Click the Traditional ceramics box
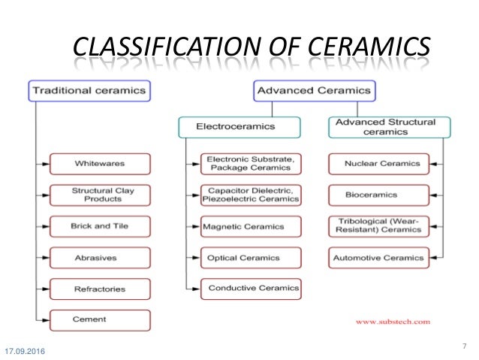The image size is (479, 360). point(88,91)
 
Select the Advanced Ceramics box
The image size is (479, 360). point(314,91)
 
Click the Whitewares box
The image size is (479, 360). point(100,163)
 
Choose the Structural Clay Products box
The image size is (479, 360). point(100,195)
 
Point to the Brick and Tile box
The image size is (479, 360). point(100,225)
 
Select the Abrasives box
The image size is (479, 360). point(100,257)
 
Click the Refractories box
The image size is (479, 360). point(100,288)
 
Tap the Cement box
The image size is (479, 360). point(100,319)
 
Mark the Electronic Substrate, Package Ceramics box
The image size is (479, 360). point(251,163)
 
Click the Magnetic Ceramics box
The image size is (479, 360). point(251,225)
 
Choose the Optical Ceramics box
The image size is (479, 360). point(251,257)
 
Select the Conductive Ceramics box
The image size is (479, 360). point(251,287)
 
